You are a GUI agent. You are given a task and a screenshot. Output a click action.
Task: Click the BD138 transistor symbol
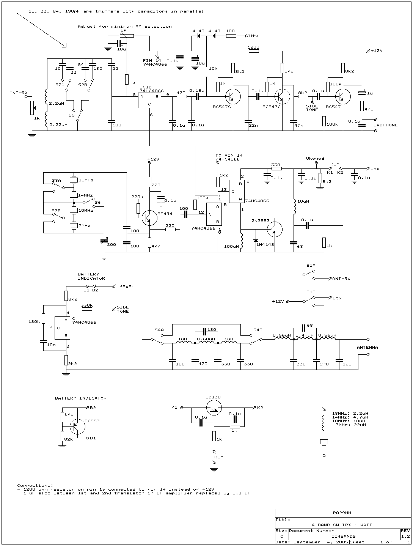coord(214,408)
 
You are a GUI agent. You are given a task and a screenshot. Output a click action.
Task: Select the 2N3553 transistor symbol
coord(275,230)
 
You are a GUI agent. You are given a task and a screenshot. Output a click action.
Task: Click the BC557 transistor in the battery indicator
coord(77,426)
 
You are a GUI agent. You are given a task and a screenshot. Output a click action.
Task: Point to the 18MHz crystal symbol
coord(74,180)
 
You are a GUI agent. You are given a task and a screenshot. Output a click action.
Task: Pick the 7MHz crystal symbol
coord(74,226)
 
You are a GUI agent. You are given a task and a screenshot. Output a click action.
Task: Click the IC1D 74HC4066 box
coord(149,101)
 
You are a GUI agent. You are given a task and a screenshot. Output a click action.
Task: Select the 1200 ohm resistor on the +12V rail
coord(254,51)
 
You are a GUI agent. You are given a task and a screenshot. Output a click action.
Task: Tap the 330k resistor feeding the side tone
coord(87,309)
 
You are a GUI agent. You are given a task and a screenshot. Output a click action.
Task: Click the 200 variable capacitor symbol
coord(104,241)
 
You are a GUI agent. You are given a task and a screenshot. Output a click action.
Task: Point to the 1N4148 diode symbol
coord(256,241)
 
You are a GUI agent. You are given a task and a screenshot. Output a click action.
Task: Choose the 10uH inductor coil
coord(295,206)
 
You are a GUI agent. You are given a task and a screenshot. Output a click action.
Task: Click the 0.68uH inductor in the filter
coord(206,343)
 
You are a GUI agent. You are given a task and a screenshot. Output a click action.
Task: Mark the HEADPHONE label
coord(384,125)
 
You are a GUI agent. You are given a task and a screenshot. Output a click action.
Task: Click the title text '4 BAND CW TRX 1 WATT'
coord(342,525)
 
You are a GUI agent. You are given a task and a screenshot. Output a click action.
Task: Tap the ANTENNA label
coord(367,347)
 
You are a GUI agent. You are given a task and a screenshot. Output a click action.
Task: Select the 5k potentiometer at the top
coord(127,36)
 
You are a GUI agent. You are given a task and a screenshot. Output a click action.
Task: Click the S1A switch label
coord(311,266)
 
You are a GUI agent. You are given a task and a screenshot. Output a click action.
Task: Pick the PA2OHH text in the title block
coord(342,513)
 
